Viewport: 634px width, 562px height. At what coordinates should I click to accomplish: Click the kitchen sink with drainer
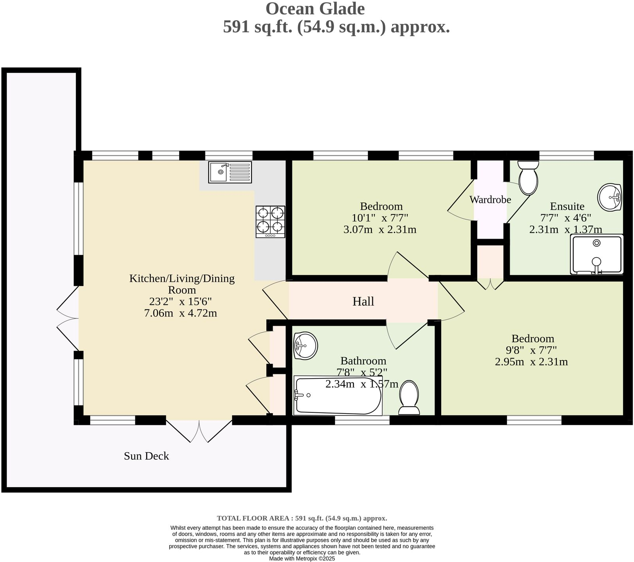230,172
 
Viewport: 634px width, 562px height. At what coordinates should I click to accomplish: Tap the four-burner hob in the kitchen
270,222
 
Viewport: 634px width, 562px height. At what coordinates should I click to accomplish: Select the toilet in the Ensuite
528,178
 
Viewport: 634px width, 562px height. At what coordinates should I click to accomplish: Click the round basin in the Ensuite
609,197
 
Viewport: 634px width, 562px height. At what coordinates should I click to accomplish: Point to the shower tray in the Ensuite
597,254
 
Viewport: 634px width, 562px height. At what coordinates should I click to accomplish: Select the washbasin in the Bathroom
305,345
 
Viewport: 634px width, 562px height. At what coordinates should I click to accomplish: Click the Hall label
363,302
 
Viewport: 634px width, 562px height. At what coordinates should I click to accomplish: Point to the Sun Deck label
146,456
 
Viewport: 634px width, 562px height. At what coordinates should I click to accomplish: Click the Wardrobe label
490,200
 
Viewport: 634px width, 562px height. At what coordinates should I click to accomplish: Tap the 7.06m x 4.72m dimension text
181,313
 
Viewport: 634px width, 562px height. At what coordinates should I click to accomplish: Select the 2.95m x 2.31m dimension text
531,362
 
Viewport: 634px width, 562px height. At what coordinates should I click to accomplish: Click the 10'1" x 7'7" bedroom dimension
380,218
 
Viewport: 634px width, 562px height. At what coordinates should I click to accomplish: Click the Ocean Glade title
315,9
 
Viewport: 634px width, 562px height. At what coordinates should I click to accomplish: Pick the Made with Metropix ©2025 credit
302,558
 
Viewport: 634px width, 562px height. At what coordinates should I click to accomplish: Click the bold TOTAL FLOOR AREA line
302,518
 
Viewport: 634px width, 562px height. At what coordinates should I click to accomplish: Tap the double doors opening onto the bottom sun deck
199,431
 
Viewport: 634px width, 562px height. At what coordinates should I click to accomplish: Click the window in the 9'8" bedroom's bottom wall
534,421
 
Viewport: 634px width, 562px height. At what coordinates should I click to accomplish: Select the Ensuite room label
567,206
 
